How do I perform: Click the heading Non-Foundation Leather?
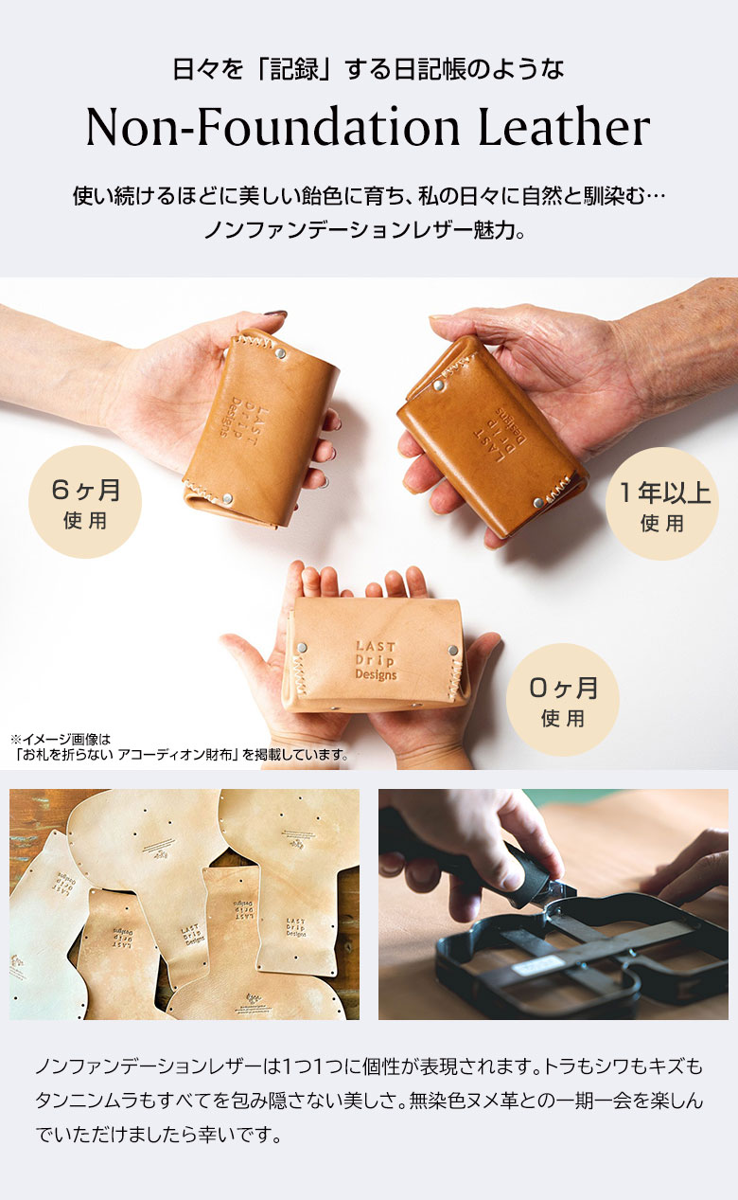click(368, 128)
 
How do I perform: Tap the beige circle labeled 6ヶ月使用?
click(86, 502)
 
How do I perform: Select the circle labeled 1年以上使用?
click(661, 503)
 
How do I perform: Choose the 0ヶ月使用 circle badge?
click(562, 699)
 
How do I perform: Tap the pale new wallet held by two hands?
click(378, 654)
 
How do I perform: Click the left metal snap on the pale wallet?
click(302, 648)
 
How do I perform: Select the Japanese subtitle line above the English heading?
click(368, 69)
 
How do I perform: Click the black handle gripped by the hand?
click(435, 848)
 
